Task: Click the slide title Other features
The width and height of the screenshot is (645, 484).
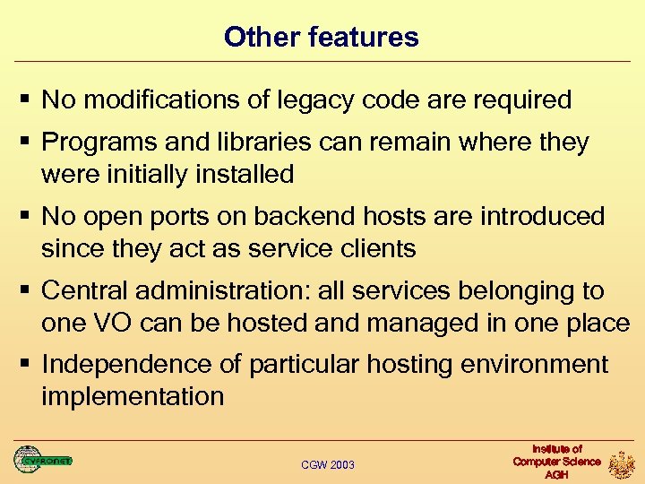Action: pyautogui.click(x=322, y=37)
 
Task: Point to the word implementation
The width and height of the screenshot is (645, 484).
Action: pyautogui.click(x=133, y=396)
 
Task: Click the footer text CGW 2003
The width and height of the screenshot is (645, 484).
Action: pyautogui.click(x=328, y=464)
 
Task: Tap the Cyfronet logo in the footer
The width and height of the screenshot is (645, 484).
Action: pyautogui.click(x=41, y=461)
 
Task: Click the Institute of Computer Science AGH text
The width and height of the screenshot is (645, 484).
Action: pyautogui.click(x=556, y=461)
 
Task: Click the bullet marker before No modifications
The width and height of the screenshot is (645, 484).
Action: pyautogui.click(x=28, y=99)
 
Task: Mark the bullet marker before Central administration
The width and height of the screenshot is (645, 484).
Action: pyautogui.click(x=28, y=290)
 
